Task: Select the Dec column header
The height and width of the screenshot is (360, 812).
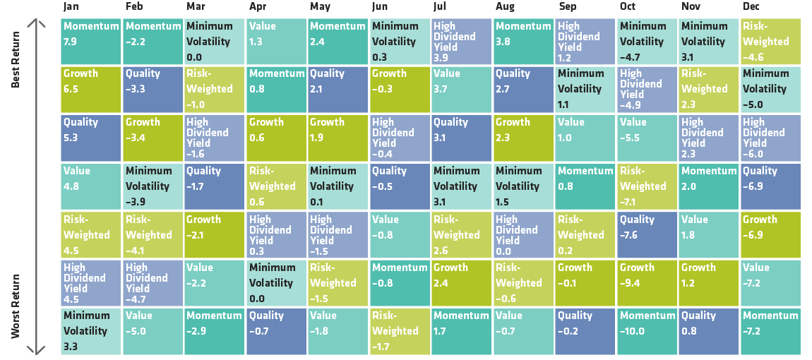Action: coord(751,7)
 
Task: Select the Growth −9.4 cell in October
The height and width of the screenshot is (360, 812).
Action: coord(647,282)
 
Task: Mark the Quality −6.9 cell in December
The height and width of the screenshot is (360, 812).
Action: coord(771,186)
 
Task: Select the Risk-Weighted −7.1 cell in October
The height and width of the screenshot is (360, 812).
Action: coord(647,186)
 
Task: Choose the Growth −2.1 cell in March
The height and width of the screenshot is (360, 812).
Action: coord(214,234)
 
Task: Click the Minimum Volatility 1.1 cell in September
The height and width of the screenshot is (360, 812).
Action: coord(585,89)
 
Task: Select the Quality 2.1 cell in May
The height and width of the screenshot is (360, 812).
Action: coord(338,89)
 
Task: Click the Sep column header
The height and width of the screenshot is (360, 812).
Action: coord(566,7)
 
